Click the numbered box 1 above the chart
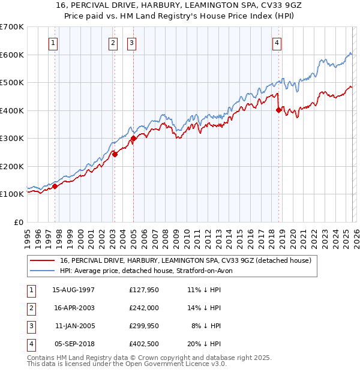tap(54, 43)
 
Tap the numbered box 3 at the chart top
tap(131, 43)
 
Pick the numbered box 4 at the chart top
tap(277, 43)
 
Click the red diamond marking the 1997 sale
tap(55, 186)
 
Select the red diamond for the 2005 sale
tap(133, 138)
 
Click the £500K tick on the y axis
tap(12, 82)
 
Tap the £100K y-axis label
tap(12, 194)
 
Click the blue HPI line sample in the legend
tap(43, 271)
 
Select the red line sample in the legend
tap(43, 261)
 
